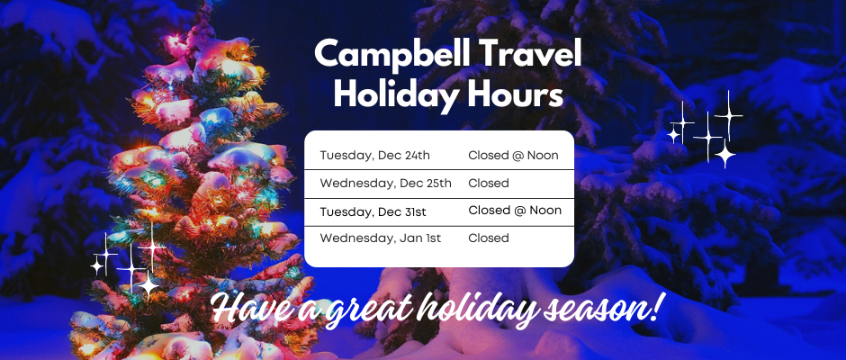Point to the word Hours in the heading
coord(522,94)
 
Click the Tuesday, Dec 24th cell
coord(374,156)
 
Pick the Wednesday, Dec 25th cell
coord(385,184)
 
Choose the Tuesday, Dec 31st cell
coord(373,211)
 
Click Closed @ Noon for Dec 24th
coord(513,156)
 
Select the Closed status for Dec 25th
coord(489,184)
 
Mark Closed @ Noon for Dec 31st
coord(514,211)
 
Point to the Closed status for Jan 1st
coord(489,238)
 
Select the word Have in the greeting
coord(247,309)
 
